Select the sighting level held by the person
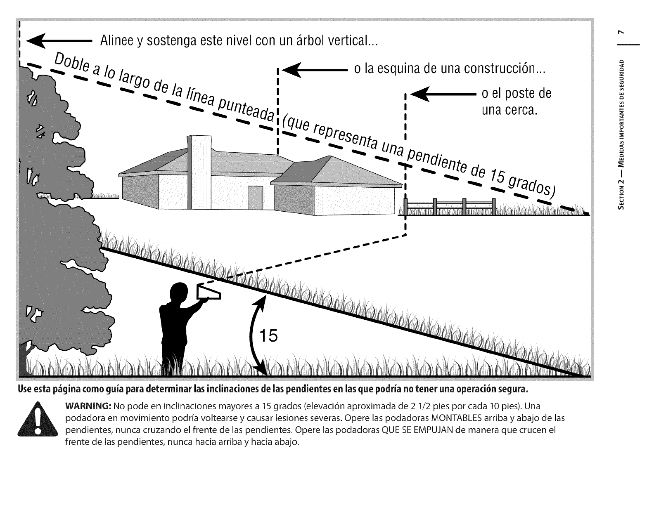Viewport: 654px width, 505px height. pyautogui.click(x=209, y=292)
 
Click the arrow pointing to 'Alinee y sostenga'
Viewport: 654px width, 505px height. pyautogui.click(x=58, y=42)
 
